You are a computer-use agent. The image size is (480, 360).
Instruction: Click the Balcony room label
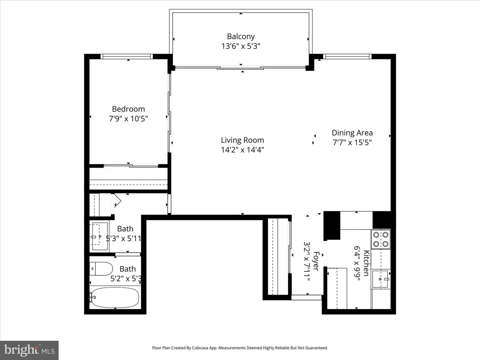tap(241, 36)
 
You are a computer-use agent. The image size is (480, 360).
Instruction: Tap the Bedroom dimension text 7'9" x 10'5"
tap(128, 119)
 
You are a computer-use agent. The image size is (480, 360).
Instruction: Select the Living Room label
tap(242, 140)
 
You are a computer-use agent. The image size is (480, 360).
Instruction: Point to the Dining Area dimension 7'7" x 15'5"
tap(352, 142)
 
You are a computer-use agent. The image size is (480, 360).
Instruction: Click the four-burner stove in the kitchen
tap(381, 239)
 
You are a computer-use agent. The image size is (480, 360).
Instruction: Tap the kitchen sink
tap(380, 279)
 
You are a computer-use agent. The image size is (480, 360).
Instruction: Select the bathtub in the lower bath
tap(115, 297)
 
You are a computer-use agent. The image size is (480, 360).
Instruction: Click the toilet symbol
tap(101, 269)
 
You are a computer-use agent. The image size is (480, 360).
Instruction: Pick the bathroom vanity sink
tap(99, 236)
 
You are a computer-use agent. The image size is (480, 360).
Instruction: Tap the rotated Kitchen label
tap(366, 263)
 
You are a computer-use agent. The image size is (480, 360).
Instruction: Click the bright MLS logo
tap(29, 350)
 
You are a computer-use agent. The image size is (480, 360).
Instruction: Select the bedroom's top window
tap(127, 56)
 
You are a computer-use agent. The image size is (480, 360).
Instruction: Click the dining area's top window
tap(348, 56)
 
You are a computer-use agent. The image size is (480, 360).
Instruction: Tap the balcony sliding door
tap(240, 68)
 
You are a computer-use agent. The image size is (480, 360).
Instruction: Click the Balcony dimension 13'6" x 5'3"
tap(241, 46)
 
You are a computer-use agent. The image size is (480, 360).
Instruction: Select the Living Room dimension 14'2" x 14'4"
tap(242, 150)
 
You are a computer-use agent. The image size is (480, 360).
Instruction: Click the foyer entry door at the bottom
tap(307, 297)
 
